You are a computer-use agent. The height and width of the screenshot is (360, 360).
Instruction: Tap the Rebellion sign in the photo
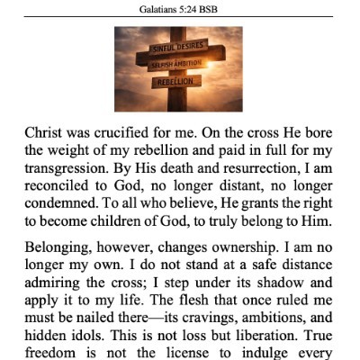click(x=176, y=82)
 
